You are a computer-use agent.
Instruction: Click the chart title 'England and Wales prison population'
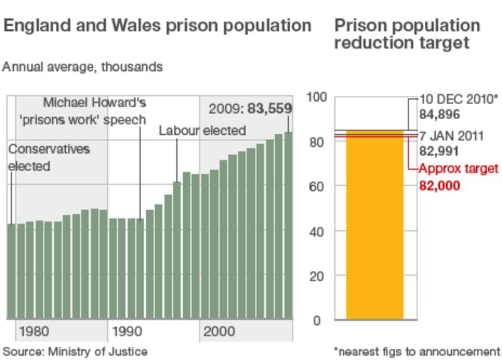tap(158, 26)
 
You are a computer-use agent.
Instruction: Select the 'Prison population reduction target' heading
tap(407, 34)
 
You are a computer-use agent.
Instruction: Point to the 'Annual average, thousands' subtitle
tap(83, 66)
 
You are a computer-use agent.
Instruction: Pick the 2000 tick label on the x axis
tap(215, 331)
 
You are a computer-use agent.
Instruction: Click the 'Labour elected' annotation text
tap(202, 131)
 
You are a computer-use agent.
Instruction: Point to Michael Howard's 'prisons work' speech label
tap(95, 110)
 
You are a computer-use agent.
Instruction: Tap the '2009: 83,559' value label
tap(249, 109)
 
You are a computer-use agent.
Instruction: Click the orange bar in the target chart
tap(375, 226)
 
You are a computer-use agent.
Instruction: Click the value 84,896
tap(440, 115)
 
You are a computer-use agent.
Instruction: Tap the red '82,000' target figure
tap(440, 186)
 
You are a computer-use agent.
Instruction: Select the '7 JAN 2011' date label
tap(451, 136)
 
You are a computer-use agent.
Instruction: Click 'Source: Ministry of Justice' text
tap(75, 351)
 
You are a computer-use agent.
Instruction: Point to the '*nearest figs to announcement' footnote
tap(417, 351)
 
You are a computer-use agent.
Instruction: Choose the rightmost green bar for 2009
tap(289, 226)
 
